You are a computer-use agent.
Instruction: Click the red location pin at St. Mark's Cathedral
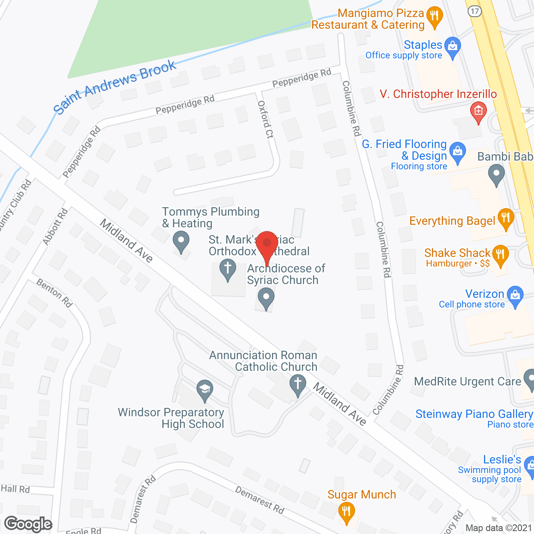[x=267, y=243]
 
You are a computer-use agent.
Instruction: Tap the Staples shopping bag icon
[x=452, y=46]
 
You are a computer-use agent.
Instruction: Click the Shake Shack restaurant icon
[x=500, y=254]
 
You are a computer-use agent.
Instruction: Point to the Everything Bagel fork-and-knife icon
[x=506, y=217]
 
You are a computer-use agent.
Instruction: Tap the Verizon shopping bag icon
[x=515, y=295]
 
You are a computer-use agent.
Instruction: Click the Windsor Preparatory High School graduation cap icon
[x=204, y=390]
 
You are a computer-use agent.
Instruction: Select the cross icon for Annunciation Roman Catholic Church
[x=298, y=384]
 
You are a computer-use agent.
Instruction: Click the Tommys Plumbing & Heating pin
[x=181, y=241]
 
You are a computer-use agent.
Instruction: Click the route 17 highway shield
[x=475, y=11]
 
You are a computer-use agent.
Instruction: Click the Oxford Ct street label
[x=266, y=119]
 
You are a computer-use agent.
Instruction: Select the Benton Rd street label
[x=54, y=293]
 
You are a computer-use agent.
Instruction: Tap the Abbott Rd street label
[x=55, y=227]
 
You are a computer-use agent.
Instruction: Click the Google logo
[x=28, y=524]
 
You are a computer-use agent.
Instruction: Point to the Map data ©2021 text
[x=499, y=528]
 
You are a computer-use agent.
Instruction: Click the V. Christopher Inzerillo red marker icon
[x=478, y=111]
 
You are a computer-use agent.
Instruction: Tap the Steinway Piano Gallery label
[x=474, y=414]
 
